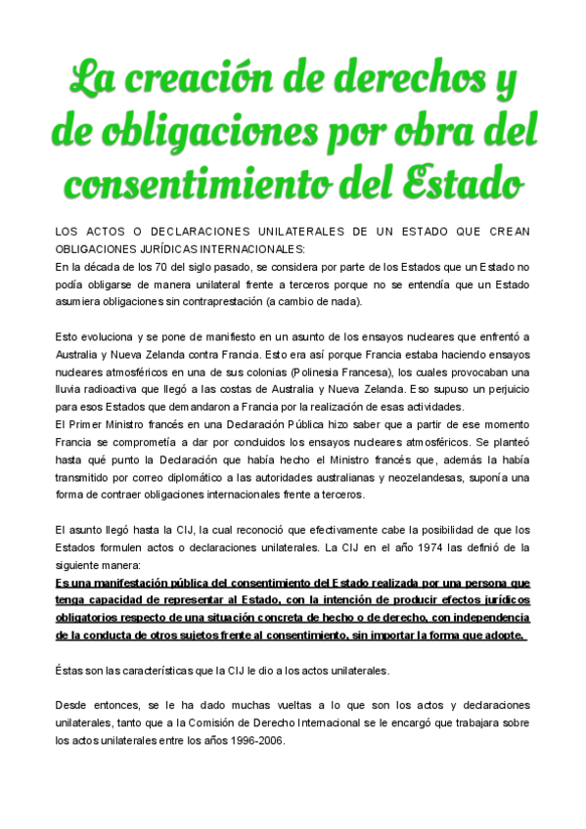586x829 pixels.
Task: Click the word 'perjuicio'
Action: point(501,389)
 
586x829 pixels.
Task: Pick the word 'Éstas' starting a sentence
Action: point(69,671)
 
